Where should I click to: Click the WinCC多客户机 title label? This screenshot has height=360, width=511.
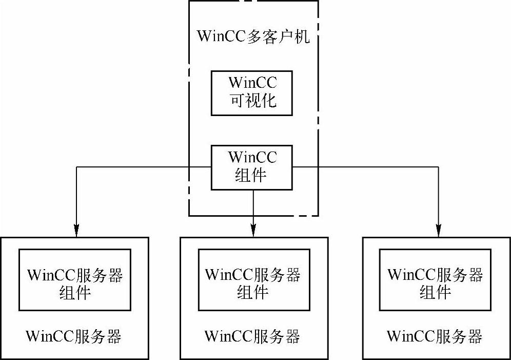coord(253,37)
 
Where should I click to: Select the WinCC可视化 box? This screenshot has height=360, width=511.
coord(252,93)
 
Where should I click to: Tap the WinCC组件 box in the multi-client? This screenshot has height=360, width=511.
coord(252,167)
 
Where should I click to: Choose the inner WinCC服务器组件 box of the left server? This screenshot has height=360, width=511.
coord(75,280)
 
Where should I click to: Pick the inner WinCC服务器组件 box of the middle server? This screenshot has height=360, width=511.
coord(254,280)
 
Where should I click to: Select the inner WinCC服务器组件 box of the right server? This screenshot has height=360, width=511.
coord(435,280)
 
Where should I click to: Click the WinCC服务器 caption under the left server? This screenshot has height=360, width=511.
coord(74,337)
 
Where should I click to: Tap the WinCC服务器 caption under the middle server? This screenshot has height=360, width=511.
coord(252,337)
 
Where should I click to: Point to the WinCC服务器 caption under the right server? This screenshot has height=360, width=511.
coord(435,337)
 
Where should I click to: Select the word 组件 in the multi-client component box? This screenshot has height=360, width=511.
coord(251,175)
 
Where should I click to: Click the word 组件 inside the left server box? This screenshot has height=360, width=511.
coord(75,292)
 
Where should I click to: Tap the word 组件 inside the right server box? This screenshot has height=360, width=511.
coord(435,292)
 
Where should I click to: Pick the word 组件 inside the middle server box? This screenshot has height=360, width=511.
coord(252,292)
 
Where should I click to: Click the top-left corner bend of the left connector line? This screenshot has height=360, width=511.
coord(76,167)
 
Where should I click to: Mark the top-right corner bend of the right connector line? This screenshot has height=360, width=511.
coord(439,167)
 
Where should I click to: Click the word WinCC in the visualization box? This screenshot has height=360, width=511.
coord(252,82)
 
